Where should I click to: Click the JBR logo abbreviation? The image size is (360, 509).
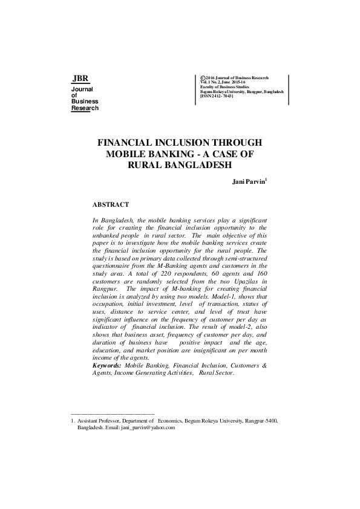click(80, 79)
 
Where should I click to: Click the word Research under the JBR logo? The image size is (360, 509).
click(85, 108)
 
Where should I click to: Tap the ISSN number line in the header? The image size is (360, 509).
click(217, 96)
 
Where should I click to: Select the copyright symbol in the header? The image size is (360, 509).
click(202, 78)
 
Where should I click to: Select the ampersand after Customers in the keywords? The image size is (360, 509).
click(264, 366)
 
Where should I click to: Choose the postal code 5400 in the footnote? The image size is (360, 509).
click(271, 420)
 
